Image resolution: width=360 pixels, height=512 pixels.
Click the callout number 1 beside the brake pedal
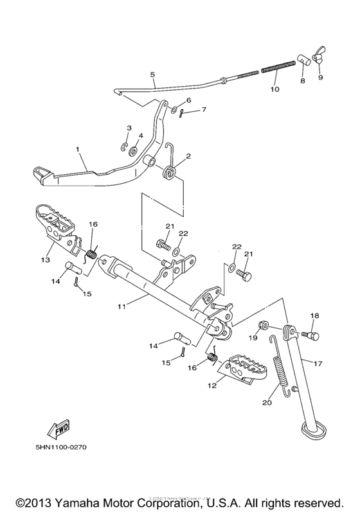click(78, 149)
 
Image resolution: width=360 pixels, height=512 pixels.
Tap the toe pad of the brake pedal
click(42, 172)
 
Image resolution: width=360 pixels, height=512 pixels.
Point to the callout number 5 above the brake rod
click(152, 75)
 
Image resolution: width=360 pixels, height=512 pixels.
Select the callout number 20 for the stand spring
click(267, 403)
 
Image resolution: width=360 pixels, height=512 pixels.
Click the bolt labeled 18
click(312, 334)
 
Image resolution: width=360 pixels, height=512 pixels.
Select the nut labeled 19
click(264, 325)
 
